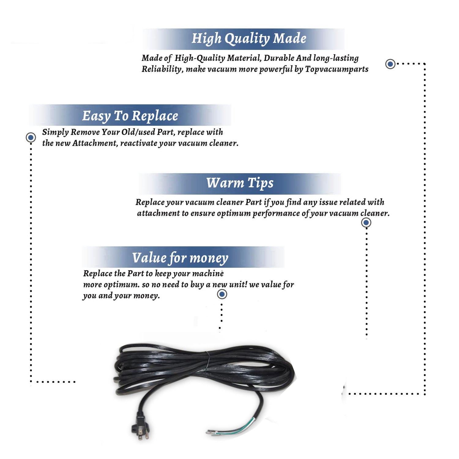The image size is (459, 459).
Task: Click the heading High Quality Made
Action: (x=249, y=39)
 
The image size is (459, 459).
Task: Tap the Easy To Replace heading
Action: (x=130, y=116)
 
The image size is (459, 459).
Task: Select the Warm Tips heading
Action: (x=240, y=183)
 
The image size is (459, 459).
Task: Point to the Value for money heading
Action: (x=180, y=258)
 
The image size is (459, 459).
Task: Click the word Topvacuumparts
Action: (x=337, y=69)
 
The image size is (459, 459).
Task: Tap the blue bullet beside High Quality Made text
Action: (x=390, y=64)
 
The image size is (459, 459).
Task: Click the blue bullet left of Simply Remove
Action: (x=31, y=137)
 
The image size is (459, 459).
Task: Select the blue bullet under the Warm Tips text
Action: (x=366, y=222)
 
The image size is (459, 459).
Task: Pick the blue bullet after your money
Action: (x=222, y=294)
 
